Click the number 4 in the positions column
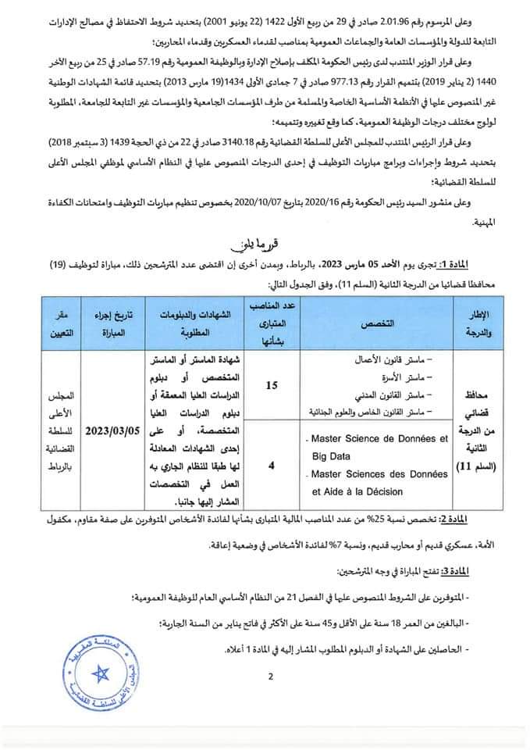270,465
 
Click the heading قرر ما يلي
264,242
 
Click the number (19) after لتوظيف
56,264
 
